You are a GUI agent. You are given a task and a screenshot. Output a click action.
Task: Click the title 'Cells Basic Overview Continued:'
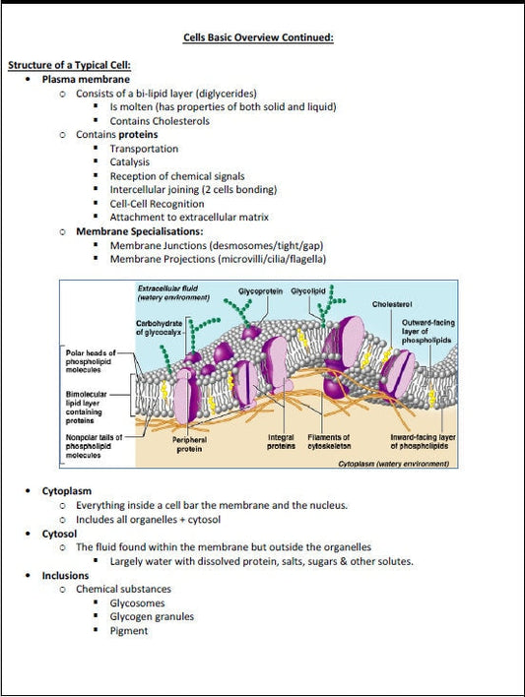point(259,37)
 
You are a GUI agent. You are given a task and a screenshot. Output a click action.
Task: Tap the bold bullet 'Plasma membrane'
point(86,79)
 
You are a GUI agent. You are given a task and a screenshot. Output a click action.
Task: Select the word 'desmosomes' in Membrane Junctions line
point(243,245)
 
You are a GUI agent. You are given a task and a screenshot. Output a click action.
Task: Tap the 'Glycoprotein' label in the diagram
point(261,291)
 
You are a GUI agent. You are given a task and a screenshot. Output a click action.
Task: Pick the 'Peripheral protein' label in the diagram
point(189,443)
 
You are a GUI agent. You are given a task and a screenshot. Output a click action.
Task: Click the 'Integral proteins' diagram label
point(282,442)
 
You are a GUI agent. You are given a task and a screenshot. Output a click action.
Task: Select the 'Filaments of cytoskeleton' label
point(329,442)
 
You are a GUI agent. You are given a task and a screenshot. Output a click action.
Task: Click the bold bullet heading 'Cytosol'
point(60,533)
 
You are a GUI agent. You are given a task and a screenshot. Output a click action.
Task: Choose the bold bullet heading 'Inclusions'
point(65,575)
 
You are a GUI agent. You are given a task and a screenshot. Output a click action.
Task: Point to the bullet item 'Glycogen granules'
point(152,617)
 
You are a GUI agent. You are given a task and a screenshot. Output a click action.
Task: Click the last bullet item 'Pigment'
point(129,631)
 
